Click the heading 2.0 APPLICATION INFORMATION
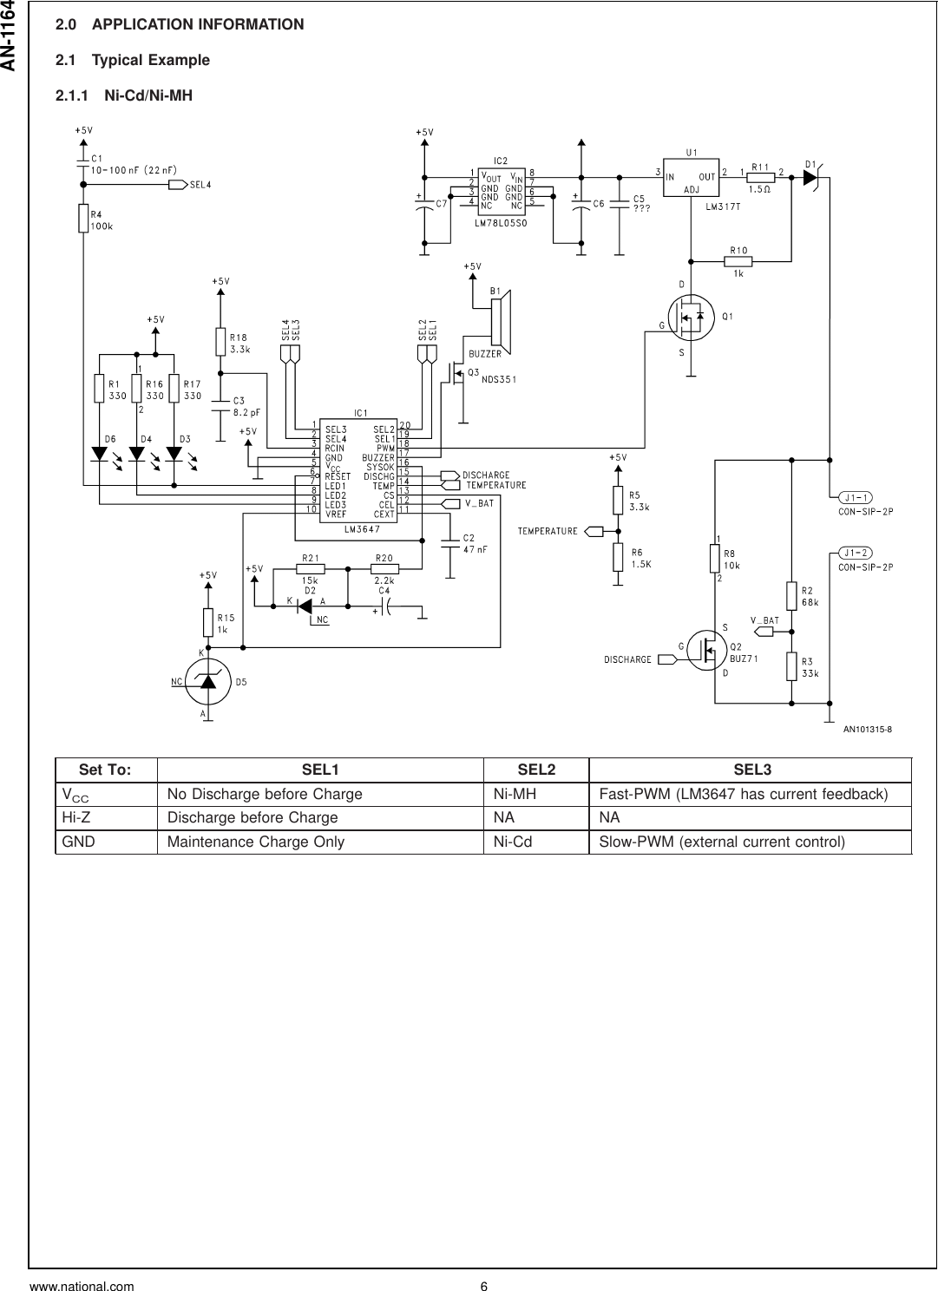tap(180, 24)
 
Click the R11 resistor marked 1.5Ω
tap(761, 177)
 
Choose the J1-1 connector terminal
tap(856, 497)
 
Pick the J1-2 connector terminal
tap(856, 553)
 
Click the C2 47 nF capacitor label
tap(475, 544)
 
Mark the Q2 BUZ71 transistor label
tap(744, 652)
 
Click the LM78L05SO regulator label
tap(502, 223)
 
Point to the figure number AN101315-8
tap(868, 730)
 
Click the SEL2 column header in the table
tap(535, 770)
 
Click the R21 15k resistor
tap(311, 570)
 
